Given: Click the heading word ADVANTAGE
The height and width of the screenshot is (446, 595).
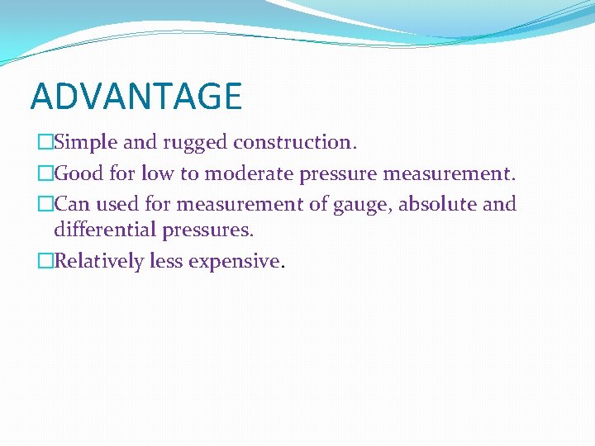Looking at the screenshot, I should tap(136, 96).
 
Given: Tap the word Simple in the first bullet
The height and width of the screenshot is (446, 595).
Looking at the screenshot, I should tap(86, 142).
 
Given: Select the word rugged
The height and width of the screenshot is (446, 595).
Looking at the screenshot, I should tap(196, 142).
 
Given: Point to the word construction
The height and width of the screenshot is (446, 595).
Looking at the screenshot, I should tap(295, 142).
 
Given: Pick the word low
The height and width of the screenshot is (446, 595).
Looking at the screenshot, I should tap(157, 173).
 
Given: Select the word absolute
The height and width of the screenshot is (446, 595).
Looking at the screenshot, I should tap(437, 204).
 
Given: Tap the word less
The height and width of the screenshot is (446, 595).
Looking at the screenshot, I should tap(166, 261).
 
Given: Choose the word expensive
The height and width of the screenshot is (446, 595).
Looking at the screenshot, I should tap(235, 262).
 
